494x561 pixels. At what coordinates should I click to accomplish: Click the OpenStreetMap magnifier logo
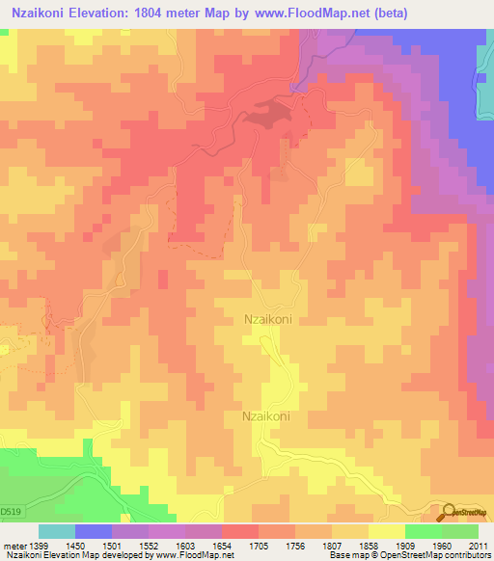coord(448,511)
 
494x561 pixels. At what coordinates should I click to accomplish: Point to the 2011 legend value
coord(477,547)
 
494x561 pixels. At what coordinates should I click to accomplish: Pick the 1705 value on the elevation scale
coord(259,547)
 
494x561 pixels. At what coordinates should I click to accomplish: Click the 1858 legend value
coord(369,547)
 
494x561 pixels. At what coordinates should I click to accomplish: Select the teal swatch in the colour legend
coord(57,531)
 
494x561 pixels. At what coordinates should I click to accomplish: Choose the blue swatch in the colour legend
coord(94,531)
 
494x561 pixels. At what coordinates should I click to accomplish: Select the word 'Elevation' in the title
coord(104,13)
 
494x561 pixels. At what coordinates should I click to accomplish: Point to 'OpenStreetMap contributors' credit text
coord(430,556)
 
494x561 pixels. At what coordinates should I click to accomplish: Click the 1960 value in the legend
coord(441,547)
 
